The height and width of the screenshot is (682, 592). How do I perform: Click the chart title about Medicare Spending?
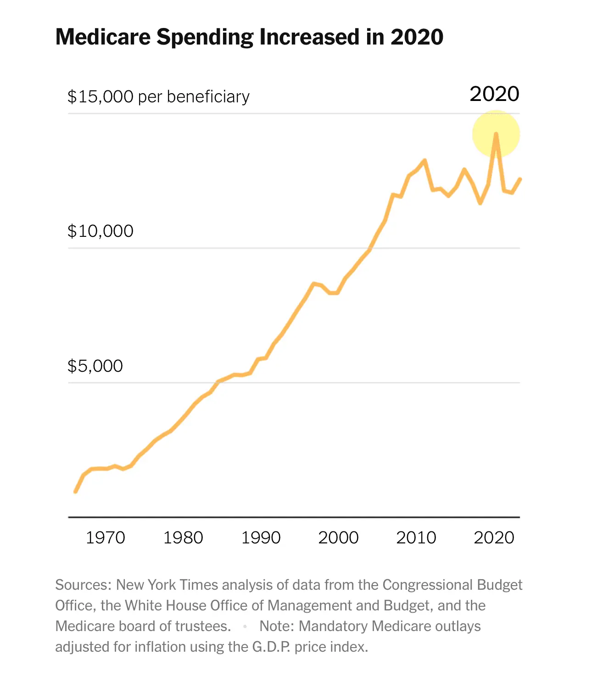249,37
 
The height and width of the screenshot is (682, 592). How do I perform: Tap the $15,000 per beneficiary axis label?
158,97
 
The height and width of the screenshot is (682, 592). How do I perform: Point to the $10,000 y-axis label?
101,231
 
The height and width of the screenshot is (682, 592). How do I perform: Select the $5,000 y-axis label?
95,366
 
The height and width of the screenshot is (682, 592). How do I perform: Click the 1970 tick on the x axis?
106,537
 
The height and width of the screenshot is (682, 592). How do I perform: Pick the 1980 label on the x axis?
183,537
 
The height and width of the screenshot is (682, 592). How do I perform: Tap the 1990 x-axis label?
261,537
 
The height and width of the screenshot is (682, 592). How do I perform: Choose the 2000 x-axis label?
338,537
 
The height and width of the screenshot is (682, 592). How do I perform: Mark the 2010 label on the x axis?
416,537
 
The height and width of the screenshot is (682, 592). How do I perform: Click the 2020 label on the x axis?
494,537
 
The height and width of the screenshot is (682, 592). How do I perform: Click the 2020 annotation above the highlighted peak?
494,94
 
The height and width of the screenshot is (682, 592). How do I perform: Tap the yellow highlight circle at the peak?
496,134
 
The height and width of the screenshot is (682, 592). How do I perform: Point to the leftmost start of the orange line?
75,492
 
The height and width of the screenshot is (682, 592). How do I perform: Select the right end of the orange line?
520,179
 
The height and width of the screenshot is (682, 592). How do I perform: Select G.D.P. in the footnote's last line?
271,647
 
